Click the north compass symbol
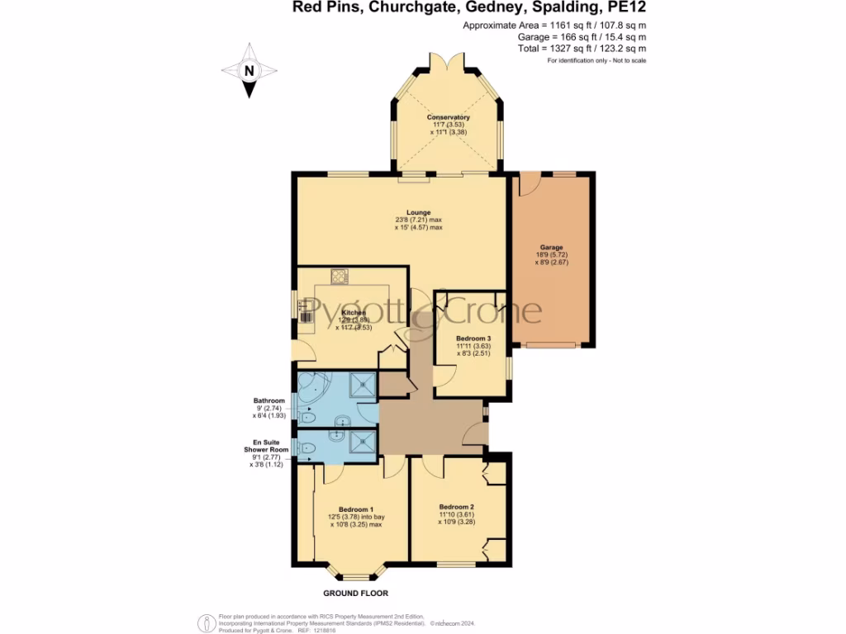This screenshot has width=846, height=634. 248,72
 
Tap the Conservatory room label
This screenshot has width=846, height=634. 449,117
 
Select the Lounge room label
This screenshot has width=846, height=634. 418,212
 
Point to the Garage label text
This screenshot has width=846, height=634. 552,248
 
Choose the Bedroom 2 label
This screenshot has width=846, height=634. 456,507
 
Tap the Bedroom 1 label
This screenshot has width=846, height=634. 356,509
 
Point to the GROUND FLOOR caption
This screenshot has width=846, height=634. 356,593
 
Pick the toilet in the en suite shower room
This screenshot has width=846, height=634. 307,448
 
